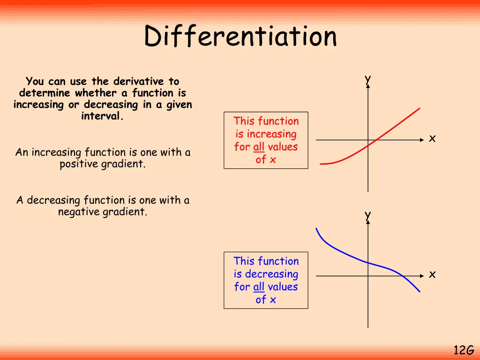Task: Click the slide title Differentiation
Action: tap(240, 37)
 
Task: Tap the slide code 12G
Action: tap(464, 350)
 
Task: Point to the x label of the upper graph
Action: tap(432, 138)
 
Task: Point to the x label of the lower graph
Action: tap(432, 274)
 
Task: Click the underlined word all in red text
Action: tap(259, 147)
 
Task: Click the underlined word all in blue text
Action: tap(259, 286)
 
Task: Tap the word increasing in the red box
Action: tap(271, 134)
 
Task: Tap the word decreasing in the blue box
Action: tap(271, 274)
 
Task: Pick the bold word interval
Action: tap(102, 116)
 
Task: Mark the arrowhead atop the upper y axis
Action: tap(368, 88)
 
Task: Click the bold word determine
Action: tap(45, 93)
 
